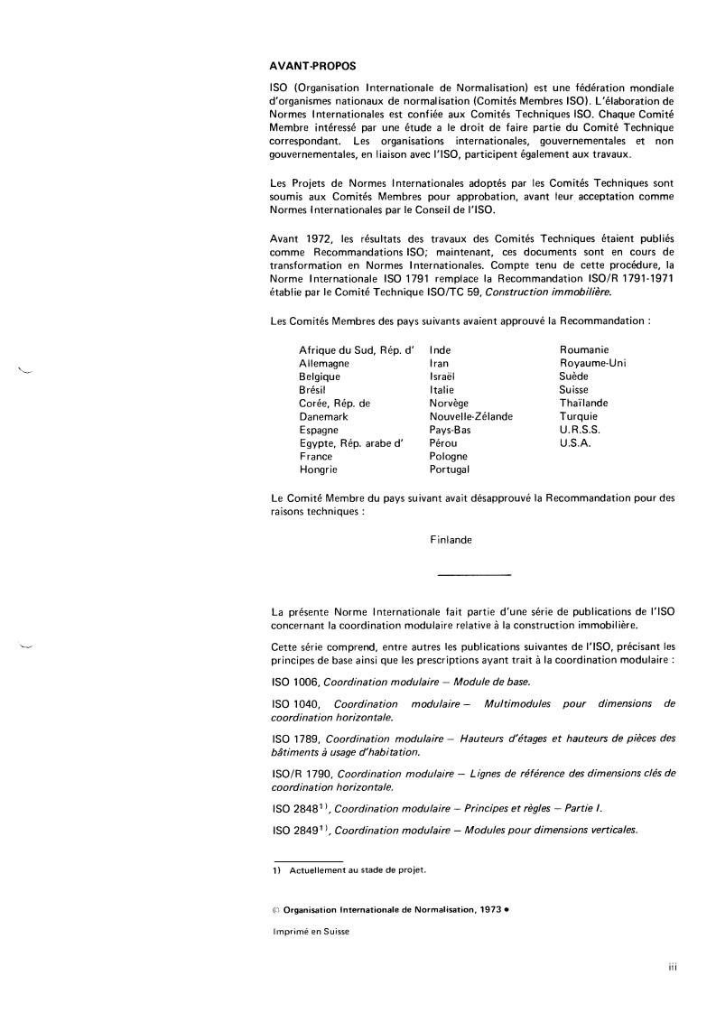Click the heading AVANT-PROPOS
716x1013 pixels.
click(312, 67)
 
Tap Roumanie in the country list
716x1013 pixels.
click(583, 349)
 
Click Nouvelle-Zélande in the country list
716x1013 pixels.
click(471, 416)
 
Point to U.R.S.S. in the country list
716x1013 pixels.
click(580, 430)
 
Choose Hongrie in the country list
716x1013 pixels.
click(319, 469)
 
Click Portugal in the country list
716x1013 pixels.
click(451, 469)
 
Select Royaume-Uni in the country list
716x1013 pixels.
click(592, 363)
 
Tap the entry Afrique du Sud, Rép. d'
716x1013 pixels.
click(356, 349)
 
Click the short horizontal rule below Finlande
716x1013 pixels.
click(473, 575)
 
